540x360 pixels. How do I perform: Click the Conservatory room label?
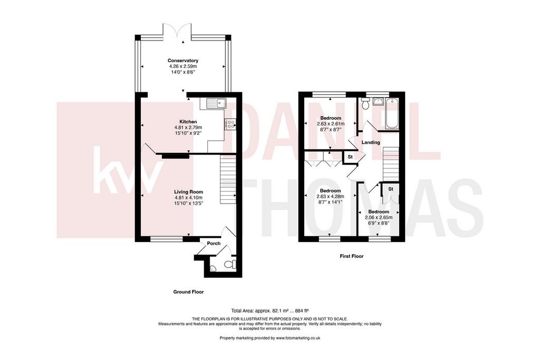click(183, 61)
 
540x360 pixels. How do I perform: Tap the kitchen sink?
click(215, 103)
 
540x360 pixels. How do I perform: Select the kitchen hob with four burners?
click(230, 124)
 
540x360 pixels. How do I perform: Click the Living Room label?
click(188, 192)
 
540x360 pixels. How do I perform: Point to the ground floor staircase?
click(228, 179)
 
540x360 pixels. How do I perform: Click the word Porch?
click(214, 244)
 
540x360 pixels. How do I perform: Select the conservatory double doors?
click(177, 30)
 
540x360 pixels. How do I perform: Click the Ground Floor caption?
click(188, 292)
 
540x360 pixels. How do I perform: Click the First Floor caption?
click(352, 256)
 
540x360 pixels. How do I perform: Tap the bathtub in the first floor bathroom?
click(392, 113)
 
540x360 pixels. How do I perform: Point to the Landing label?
click(371, 142)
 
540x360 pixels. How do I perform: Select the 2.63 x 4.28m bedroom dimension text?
click(331, 197)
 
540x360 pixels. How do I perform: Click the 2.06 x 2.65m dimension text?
click(379, 218)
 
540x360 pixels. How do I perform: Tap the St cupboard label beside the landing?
click(350, 157)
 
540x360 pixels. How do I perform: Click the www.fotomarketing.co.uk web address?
click(298, 338)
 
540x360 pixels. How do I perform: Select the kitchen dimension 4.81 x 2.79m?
click(188, 128)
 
